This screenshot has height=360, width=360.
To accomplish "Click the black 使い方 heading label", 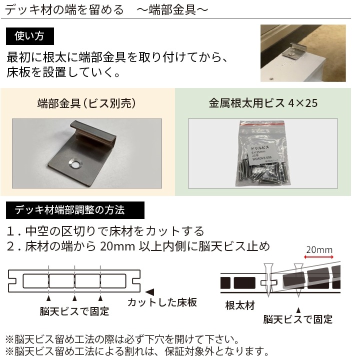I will pos(30,36).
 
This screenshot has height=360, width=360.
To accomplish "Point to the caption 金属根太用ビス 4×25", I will pos(263,104).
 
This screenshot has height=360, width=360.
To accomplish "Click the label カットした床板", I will pos(162,302).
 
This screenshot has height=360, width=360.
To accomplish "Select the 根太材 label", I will pos(240,305).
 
